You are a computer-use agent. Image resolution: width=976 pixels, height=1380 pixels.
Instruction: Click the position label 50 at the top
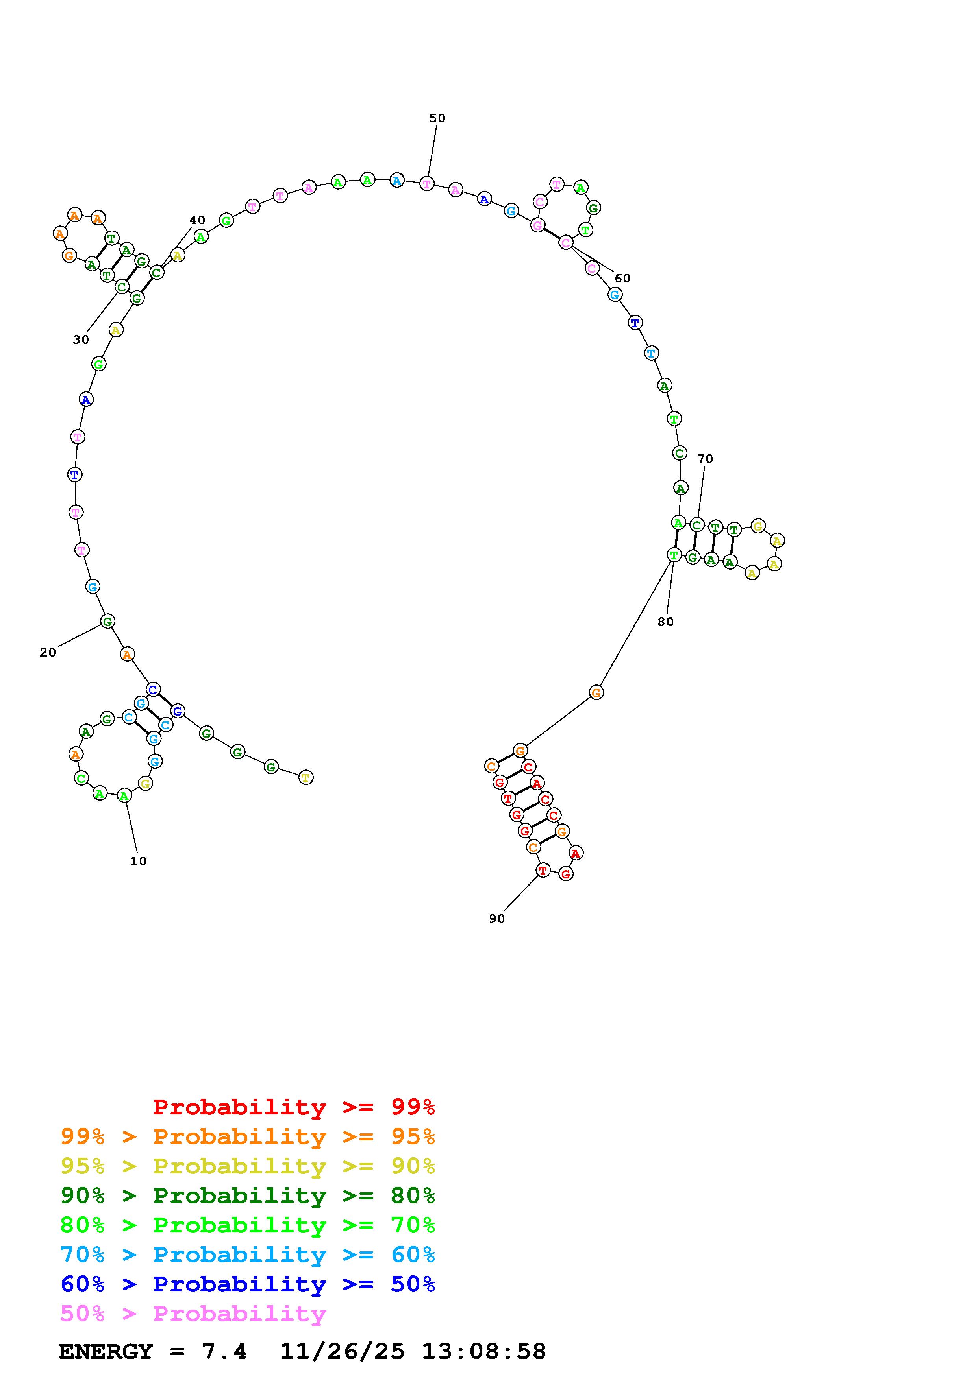pos(437,118)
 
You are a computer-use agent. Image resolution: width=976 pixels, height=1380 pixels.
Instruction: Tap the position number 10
pos(138,861)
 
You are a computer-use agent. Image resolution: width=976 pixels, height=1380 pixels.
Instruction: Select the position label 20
pos(48,653)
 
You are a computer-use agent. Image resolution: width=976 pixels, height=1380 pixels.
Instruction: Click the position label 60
pos(622,278)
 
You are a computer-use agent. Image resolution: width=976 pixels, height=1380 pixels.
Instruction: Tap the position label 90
pos(497,919)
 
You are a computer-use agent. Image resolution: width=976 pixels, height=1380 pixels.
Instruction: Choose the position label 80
pos(666,622)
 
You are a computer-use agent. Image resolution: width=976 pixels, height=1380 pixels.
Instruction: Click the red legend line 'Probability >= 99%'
pos(294,1107)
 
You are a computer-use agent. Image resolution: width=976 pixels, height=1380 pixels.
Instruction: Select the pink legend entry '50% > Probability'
pos(193,1314)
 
